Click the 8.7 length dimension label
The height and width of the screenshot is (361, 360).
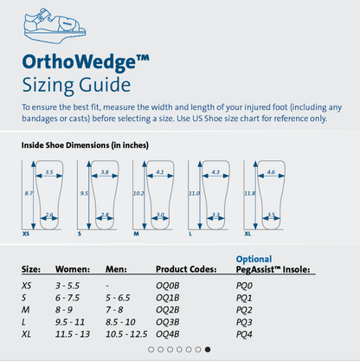(x=28, y=193)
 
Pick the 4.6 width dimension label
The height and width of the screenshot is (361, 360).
(x=271, y=172)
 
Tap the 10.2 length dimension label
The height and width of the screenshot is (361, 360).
(x=138, y=193)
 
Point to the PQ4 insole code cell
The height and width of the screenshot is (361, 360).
(x=246, y=333)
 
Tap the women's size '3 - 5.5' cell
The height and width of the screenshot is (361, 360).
(x=69, y=286)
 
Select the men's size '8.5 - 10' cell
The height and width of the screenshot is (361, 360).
(x=120, y=321)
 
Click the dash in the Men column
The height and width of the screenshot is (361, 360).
(x=107, y=286)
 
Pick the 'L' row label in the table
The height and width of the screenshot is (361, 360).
(x=23, y=321)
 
